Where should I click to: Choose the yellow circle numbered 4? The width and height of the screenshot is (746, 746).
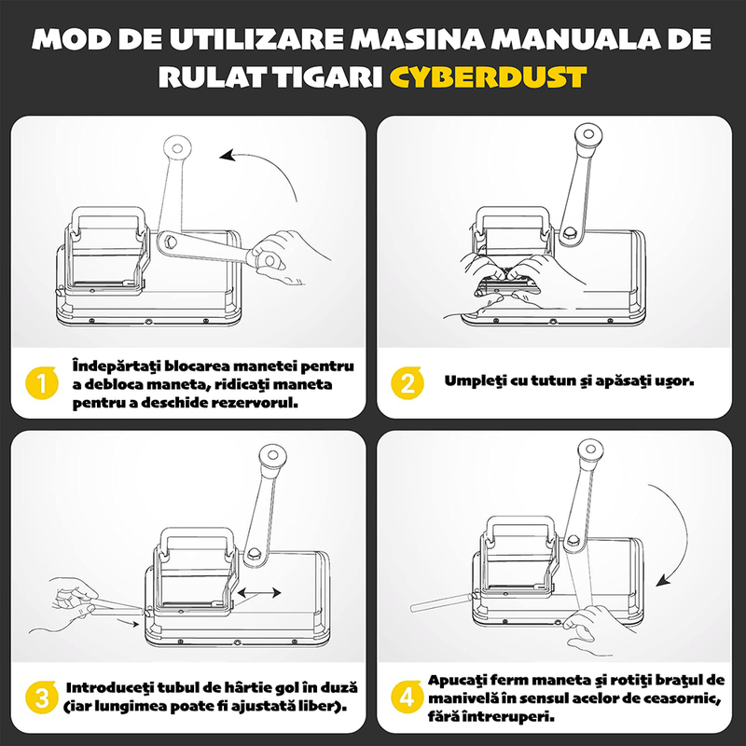[406, 697]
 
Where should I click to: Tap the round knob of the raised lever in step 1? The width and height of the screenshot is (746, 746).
[177, 146]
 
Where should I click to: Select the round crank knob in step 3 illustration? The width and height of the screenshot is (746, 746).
[271, 456]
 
